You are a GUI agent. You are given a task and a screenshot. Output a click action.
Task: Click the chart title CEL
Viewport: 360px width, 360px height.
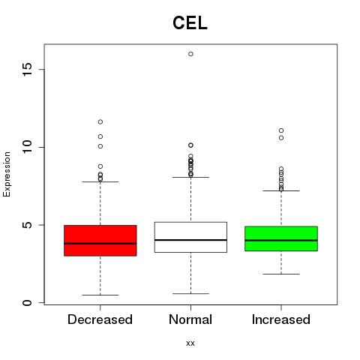pyautogui.click(x=190, y=23)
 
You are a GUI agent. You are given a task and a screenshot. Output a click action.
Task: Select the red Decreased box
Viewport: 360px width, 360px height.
pyautogui.click(x=100, y=241)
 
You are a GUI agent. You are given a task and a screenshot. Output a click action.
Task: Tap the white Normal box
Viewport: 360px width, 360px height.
pyautogui.click(x=190, y=237)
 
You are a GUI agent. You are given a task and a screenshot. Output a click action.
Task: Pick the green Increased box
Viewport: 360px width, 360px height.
pyautogui.click(x=281, y=238)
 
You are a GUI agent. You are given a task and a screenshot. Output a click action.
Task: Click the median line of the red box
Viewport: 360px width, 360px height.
pyautogui.click(x=100, y=243)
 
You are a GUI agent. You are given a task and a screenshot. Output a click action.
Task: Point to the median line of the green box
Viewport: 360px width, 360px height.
pyautogui.click(x=281, y=240)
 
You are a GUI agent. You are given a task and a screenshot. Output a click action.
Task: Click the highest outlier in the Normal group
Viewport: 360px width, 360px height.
pyautogui.click(x=190, y=54)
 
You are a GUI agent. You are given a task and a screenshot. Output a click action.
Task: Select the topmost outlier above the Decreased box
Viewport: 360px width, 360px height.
pyautogui.click(x=100, y=122)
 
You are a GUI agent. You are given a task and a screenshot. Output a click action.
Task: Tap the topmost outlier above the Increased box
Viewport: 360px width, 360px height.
pyautogui.click(x=281, y=130)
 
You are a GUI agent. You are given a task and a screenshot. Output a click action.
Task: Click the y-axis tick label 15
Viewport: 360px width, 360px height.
pyautogui.click(x=27, y=70)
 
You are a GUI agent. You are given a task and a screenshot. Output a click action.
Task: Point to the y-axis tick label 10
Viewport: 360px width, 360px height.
pyautogui.click(x=27, y=147)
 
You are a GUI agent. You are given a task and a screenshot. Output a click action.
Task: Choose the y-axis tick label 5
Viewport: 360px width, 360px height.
pyautogui.click(x=27, y=225)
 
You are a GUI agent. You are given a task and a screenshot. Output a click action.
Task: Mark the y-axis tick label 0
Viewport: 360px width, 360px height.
pyautogui.click(x=27, y=303)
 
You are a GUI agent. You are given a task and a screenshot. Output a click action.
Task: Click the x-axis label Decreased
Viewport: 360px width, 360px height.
pyautogui.click(x=100, y=319)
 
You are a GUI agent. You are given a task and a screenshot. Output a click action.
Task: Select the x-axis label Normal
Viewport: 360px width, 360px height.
pyautogui.click(x=190, y=319)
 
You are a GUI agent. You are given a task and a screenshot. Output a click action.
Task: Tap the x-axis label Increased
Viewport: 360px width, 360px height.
pyautogui.click(x=281, y=319)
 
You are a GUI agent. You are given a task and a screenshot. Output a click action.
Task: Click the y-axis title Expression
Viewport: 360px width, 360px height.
pyautogui.click(x=7, y=174)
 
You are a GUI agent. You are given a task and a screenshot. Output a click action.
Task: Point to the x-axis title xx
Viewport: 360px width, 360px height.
pyautogui.click(x=190, y=343)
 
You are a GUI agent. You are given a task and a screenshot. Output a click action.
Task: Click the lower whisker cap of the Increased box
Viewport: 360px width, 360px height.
pyautogui.click(x=281, y=274)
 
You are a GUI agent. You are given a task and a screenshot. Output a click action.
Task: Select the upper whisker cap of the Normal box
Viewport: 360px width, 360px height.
pyautogui.click(x=190, y=177)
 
